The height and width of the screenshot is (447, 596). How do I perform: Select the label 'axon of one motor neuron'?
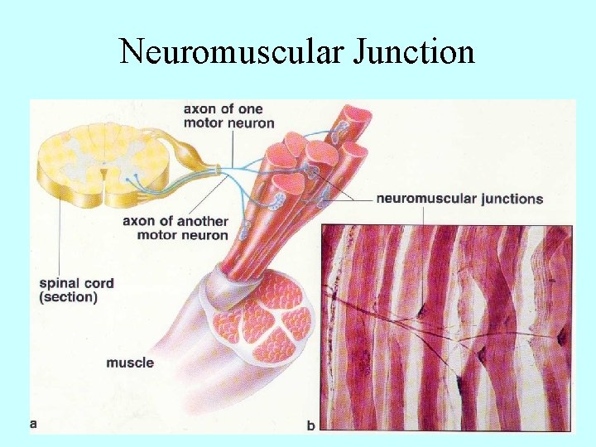click(228, 116)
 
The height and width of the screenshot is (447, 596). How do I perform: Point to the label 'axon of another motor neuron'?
click(175, 228)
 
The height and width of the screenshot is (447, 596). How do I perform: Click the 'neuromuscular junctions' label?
click(459, 199)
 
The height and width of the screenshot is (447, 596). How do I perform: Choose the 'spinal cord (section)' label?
click(76, 290)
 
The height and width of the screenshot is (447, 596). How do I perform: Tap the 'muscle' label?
click(130, 363)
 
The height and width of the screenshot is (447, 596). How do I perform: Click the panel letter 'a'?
click(34, 423)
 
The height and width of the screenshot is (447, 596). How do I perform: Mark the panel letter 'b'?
click(311, 425)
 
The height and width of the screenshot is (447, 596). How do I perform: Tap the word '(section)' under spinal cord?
click(68, 297)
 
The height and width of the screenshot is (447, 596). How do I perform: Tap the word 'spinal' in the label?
click(60, 283)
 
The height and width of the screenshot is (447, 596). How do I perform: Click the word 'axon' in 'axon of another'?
click(139, 221)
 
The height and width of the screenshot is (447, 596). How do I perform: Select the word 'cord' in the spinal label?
click(99, 283)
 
